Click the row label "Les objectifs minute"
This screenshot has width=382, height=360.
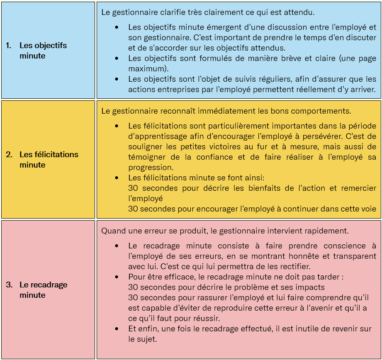43,51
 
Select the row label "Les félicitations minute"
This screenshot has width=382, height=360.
49,160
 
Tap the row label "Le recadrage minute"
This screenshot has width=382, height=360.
43,290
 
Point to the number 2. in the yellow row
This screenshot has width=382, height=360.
9,155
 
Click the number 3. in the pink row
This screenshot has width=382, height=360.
9,285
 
